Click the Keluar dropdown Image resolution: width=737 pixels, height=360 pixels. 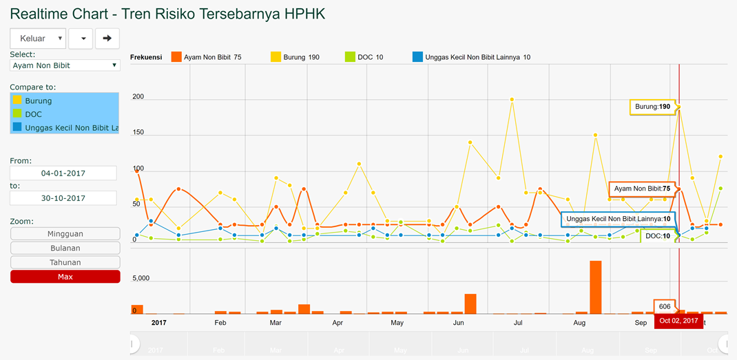pyautogui.click(x=38, y=39)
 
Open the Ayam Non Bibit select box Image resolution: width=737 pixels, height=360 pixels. pyautogui.click(x=65, y=65)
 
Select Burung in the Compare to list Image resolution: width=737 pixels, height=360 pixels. pyautogui.click(x=64, y=100)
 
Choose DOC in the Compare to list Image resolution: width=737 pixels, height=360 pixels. pyautogui.click(x=64, y=114)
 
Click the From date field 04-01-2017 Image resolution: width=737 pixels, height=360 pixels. pyautogui.click(x=63, y=173)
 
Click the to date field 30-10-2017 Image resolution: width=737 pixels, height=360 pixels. pyautogui.click(x=63, y=198)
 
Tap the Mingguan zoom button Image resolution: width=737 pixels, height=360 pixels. pyautogui.click(x=65, y=234)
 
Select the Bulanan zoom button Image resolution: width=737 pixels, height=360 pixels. pyautogui.click(x=65, y=248)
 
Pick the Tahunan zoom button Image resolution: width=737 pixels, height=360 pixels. pyautogui.click(x=65, y=262)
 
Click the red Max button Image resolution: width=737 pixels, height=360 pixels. pyautogui.click(x=65, y=277)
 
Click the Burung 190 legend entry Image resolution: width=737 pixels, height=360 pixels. pyautogui.click(x=295, y=57)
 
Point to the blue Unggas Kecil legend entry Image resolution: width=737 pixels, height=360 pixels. pyautogui.click(x=471, y=57)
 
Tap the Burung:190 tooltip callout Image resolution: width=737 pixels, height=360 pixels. pyautogui.click(x=652, y=107)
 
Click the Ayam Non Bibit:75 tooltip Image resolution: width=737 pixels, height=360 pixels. pyautogui.click(x=642, y=189)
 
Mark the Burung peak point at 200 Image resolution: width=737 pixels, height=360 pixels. pyautogui.click(x=512, y=99)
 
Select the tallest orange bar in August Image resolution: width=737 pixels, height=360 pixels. pyautogui.click(x=596, y=288)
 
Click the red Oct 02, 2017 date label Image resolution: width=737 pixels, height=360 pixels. pyautogui.click(x=678, y=321)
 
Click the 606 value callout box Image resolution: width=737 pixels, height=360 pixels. pyautogui.click(x=664, y=306)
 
